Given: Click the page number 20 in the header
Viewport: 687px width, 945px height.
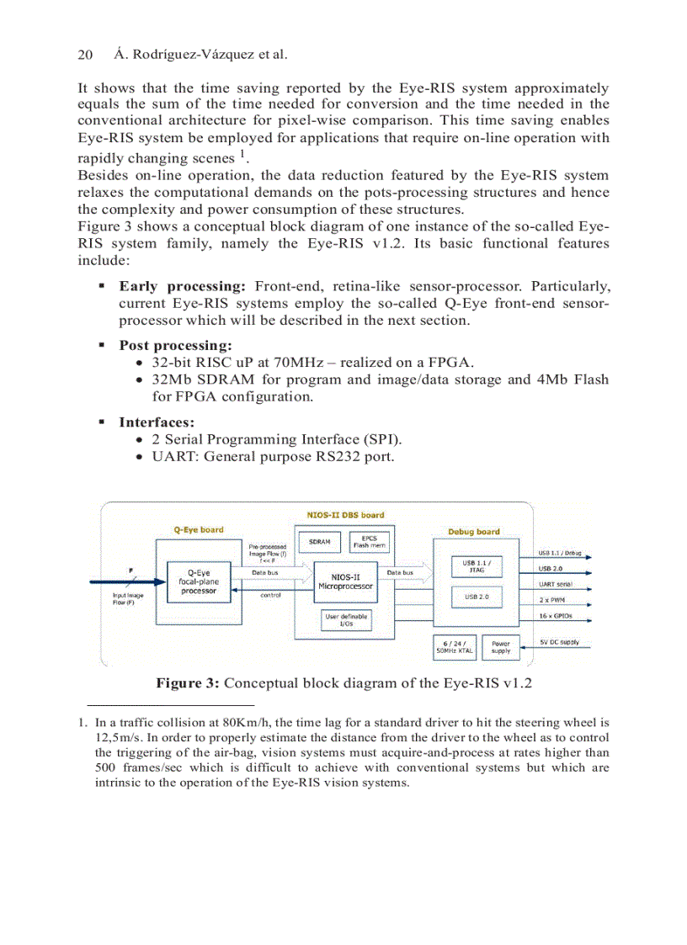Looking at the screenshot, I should [84, 55].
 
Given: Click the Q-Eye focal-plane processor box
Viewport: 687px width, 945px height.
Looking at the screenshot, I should [198, 582].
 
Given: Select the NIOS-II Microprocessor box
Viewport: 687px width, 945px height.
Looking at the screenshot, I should [345, 581].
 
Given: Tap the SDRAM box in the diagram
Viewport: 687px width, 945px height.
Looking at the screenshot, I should [319, 542].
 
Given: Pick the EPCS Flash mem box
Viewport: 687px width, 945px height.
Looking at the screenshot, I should [369, 542].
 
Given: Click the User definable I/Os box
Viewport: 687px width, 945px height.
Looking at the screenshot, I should [345, 620].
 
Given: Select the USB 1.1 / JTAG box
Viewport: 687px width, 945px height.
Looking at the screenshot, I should [476, 566].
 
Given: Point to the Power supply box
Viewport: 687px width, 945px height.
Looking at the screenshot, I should [500, 647].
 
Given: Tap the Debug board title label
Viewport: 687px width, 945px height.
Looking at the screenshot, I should [474, 532].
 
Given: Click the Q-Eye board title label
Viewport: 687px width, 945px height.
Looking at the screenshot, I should [199, 529].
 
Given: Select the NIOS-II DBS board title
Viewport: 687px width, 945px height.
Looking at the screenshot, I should [345, 515].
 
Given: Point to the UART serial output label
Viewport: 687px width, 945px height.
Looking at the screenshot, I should [556, 584].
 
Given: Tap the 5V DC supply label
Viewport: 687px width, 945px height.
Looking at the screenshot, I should [559, 642].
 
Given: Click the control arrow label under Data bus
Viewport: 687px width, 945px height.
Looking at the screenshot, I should [270, 594].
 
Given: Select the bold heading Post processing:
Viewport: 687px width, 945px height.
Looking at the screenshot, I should [175, 345].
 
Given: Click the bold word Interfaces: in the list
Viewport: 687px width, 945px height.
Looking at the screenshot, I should [157, 422].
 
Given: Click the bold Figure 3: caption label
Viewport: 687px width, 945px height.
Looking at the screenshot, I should [188, 682].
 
